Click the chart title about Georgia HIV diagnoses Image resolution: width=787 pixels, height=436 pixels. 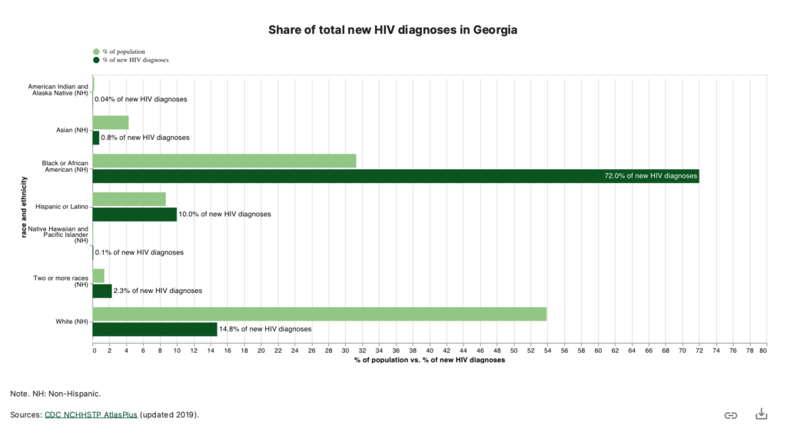393,30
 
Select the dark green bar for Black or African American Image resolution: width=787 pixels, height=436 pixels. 395,176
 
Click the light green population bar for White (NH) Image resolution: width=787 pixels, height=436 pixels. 319,314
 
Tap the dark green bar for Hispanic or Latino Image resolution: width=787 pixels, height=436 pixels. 134,214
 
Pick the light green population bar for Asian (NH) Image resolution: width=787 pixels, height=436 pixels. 111,122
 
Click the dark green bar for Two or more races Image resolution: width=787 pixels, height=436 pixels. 102,291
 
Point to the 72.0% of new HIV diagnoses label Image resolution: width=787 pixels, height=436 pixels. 651,176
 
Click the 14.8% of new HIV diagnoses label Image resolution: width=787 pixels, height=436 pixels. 266,329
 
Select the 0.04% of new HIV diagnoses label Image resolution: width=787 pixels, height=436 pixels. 141,99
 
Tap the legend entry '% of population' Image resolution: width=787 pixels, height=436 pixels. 123,52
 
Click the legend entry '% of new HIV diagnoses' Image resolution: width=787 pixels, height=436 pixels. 134,60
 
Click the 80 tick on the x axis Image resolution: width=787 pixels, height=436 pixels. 762,351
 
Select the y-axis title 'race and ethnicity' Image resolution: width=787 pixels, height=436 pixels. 25,207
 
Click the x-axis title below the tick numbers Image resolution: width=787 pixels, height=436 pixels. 429,360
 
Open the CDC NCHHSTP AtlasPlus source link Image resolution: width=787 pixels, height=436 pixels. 91,414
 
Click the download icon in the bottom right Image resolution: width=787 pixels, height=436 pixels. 761,414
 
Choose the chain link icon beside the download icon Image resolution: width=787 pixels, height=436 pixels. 731,415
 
